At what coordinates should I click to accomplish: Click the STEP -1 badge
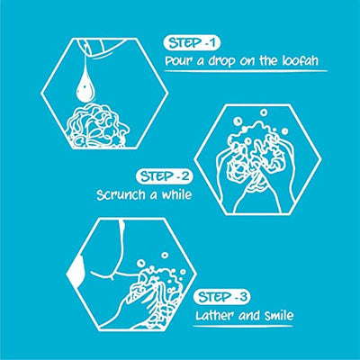(x=192, y=43)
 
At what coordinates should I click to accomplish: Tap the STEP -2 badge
(x=165, y=176)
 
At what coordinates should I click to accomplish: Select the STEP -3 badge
(x=222, y=297)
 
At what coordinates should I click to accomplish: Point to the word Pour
(x=179, y=61)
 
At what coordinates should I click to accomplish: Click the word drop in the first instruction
(x=220, y=61)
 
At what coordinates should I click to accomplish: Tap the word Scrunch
(x=122, y=195)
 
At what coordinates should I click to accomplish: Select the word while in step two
(x=176, y=194)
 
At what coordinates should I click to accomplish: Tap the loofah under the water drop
(x=97, y=126)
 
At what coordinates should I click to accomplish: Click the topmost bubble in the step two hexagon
(x=264, y=112)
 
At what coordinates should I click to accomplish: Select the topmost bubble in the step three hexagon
(x=165, y=255)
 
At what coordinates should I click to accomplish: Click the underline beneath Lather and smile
(x=242, y=327)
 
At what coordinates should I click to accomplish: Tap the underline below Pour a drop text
(x=246, y=71)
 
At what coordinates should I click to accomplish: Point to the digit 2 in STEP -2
(x=185, y=176)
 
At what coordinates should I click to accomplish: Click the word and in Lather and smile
(x=249, y=316)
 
